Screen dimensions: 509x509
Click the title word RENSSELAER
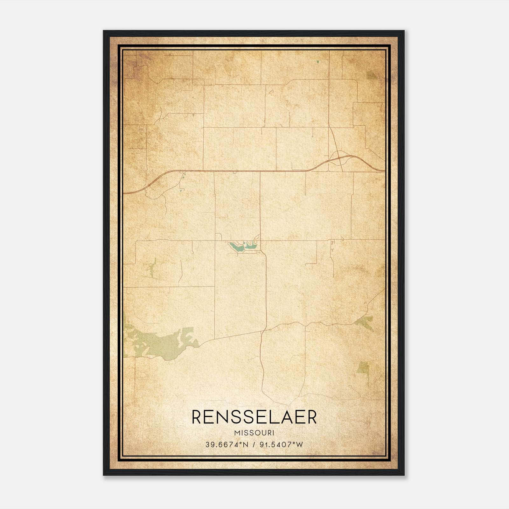[x=254, y=417]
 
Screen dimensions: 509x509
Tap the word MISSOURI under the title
[x=254, y=433]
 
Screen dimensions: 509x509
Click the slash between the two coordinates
[x=254, y=445]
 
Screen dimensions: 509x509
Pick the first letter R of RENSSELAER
[x=197, y=417]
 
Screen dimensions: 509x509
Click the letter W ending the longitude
[x=299, y=445]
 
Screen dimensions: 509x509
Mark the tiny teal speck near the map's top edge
[x=318, y=62]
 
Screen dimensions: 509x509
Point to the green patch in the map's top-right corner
[x=371, y=75]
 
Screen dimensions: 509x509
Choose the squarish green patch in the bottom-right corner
[x=363, y=367]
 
